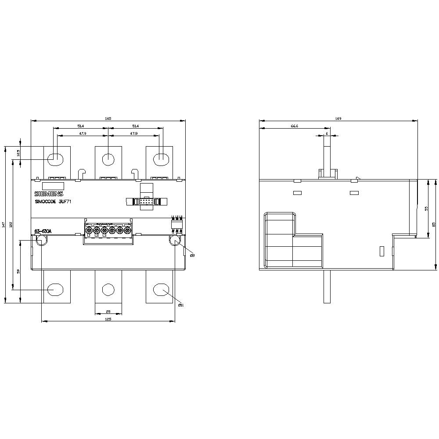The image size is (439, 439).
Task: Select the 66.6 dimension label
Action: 295,126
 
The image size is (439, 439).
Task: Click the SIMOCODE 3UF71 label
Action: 55,202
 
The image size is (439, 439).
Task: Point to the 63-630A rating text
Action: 43,231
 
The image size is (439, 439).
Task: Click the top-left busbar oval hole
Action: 55,159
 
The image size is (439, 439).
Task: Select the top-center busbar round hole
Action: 108,159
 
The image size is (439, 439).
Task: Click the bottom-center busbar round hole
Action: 108,289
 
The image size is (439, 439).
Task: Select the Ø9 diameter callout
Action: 192,255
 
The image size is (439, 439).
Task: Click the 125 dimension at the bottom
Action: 108,319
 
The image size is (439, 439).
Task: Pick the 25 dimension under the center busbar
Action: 108,312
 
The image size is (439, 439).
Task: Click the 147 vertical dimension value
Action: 4,225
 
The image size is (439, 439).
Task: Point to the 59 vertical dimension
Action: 18,271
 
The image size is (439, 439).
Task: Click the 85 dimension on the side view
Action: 434,224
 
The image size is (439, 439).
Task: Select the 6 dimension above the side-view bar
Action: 327,134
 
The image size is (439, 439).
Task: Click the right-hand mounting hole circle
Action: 175,241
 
